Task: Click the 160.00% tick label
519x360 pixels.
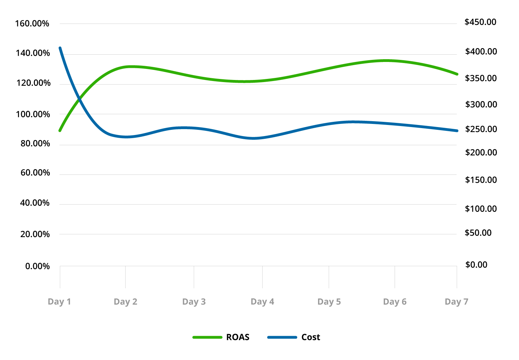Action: tap(32, 24)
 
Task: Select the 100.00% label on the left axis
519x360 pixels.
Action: tap(33, 114)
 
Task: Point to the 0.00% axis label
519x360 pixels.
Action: tap(37, 266)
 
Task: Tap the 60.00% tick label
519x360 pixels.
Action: tap(35, 173)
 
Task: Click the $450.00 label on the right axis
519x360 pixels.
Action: tap(480, 22)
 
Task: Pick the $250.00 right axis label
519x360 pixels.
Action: tap(481, 129)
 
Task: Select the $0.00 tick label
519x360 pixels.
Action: tap(476, 265)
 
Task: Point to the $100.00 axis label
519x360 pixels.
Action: tap(481, 209)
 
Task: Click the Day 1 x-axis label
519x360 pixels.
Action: tap(59, 302)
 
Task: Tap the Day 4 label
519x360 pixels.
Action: tap(262, 302)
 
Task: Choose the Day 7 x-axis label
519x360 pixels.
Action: tap(456, 302)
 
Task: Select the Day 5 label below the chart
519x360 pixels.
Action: tap(329, 302)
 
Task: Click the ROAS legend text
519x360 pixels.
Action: tap(238, 337)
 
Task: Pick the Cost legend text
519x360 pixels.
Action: tap(311, 337)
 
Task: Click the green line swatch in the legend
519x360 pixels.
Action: tap(207, 337)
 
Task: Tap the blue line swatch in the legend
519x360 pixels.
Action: tap(282, 337)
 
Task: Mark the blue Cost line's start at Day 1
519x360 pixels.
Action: tap(60, 48)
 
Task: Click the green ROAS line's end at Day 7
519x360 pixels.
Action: tap(457, 74)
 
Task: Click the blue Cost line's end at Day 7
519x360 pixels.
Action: tap(457, 131)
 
